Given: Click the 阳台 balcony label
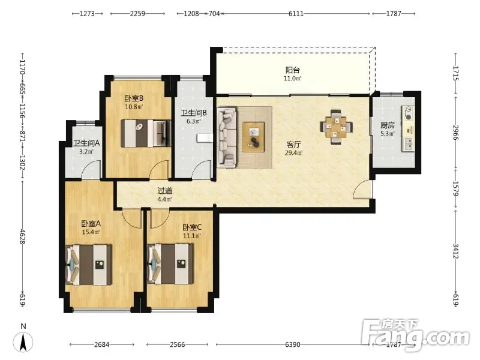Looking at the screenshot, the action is coord(293,70).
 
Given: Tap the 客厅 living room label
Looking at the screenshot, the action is coord(294,144).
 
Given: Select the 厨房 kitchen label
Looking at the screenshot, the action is coord(388,125).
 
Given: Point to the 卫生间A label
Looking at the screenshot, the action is coord(86,143).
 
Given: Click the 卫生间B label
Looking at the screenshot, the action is coord(194,113).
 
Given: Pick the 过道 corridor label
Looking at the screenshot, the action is coord(164,191).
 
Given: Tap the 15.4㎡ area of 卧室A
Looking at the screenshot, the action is coord(91,232).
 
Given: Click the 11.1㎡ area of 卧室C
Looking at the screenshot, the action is coord(192,236).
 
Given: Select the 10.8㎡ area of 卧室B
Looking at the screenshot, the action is coord(134,107).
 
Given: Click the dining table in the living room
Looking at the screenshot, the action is coord(336,127).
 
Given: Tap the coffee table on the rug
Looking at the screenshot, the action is coord(253,137).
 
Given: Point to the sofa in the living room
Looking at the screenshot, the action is coord(227,137).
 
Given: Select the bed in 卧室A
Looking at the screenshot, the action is coord(88,265).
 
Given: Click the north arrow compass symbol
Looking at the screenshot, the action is coord(23,342).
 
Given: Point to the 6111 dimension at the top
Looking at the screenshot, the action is coord(296,13).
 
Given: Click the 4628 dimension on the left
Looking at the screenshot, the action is coord(22,236).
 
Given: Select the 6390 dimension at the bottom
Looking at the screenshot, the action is coord(293,344).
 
